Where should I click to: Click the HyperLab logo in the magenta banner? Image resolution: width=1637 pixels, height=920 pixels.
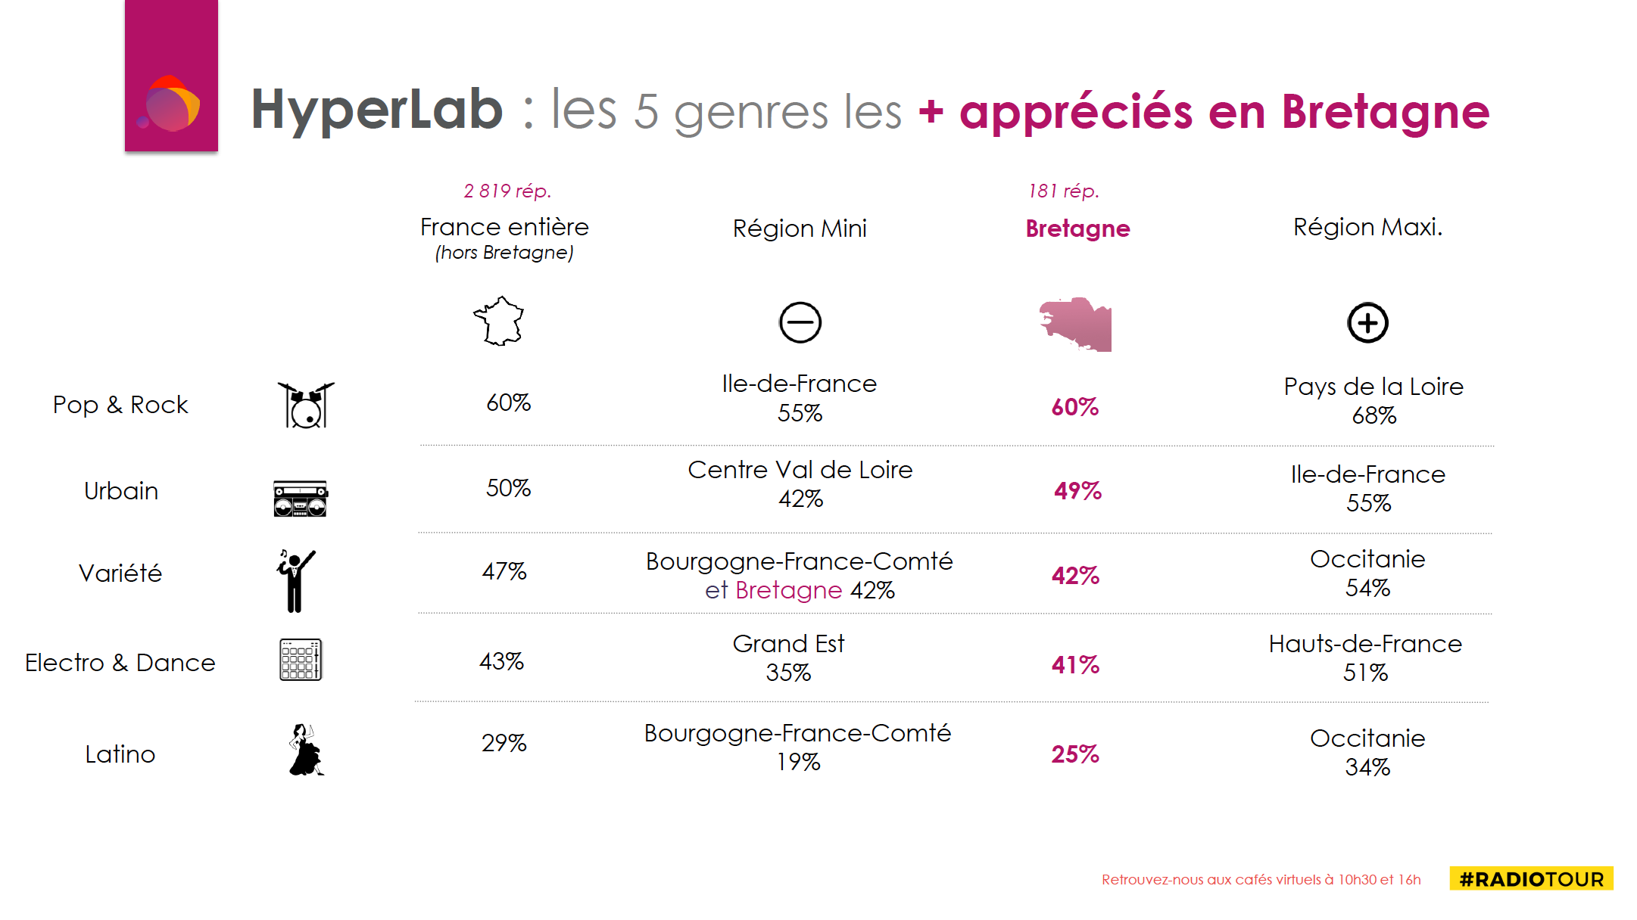[170, 104]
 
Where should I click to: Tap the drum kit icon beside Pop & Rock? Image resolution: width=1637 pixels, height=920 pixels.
[305, 406]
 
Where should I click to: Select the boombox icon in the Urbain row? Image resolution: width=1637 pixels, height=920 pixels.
[301, 499]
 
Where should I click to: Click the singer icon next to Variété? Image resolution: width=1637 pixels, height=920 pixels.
[295, 580]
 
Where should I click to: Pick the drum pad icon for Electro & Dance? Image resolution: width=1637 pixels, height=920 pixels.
[301, 660]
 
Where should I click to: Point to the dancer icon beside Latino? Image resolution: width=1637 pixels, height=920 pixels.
[305, 751]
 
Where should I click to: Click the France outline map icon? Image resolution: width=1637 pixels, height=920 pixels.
[499, 322]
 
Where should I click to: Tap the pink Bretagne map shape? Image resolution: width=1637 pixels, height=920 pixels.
[1076, 325]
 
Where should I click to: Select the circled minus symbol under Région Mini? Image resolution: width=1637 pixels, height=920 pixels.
[800, 323]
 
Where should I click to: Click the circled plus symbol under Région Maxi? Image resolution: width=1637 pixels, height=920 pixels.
[1367, 323]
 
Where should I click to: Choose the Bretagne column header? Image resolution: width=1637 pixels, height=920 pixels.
[1077, 228]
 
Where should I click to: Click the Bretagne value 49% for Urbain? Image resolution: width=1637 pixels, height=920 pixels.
[1077, 491]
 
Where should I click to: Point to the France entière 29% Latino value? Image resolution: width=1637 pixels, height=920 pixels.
[504, 743]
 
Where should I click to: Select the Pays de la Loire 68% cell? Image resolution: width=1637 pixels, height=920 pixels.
[1374, 400]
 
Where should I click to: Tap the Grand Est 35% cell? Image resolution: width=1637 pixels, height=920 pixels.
[788, 657]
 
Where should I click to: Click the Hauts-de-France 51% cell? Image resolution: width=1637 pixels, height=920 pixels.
[1365, 657]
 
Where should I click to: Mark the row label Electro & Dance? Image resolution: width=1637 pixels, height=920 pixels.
[120, 663]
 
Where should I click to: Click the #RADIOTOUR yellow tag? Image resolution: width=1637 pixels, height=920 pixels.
[1531, 879]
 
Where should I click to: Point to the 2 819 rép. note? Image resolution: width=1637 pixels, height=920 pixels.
[507, 191]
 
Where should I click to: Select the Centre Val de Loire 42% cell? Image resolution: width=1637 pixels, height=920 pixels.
[800, 484]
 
